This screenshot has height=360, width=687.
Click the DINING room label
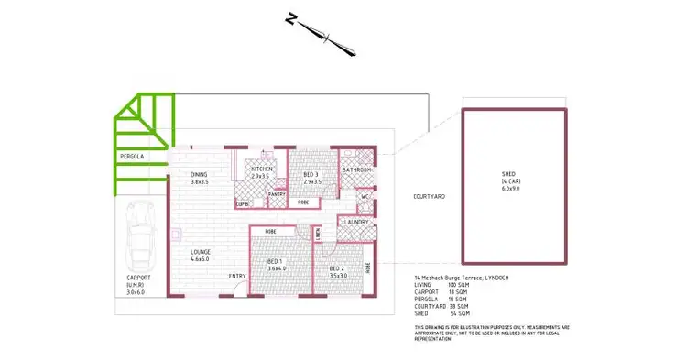(200, 174)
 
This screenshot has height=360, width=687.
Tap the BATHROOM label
(356, 170)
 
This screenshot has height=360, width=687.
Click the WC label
(364, 195)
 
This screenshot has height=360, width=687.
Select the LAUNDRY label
(357, 222)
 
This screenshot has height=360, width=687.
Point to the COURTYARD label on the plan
(429, 196)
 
